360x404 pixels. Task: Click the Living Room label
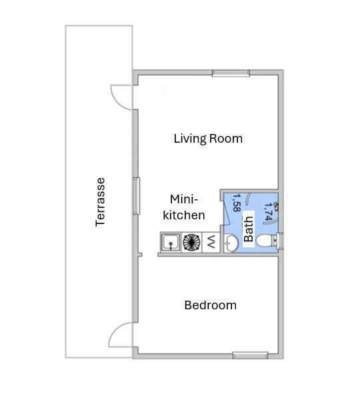pyautogui.click(x=208, y=139)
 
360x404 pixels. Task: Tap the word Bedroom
pyautogui.click(x=210, y=305)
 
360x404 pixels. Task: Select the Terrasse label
pyautogui.click(x=100, y=202)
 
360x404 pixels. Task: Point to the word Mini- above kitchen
pyautogui.click(x=184, y=199)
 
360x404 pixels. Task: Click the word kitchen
pyautogui.click(x=184, y=215)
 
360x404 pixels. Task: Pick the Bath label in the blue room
pyautogui.click(x=249, y=229)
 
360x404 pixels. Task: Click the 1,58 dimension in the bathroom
pyautogui.click(x=237, y=203)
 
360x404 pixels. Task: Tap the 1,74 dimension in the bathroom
pyautogui.click(x=268, y=212)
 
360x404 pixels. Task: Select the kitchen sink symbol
pyautogui.click(x=171, y=242)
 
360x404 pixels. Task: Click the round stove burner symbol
pyautogui.click(x=191, y=242)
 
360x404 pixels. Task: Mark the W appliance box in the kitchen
pyautogui.click(x=211, y=242)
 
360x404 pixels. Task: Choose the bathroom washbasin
pyautogui.click(x=231, y=243)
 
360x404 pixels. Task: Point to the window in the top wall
pyautogui.click(x=231, y=73)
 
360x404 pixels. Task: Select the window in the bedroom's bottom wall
pyautogui.click(x=251, y=355)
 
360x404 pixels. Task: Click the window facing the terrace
pyautogui.click(x=136, y=196)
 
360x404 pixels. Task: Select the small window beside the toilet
pyautogui.click(x=281, y=241)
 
